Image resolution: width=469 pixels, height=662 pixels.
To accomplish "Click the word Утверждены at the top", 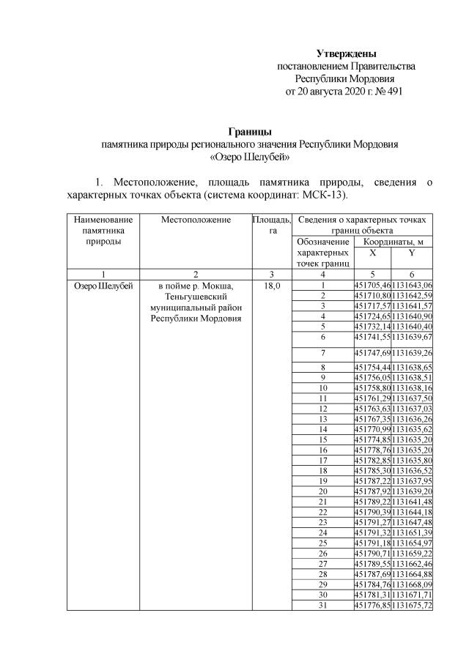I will click(346, 53).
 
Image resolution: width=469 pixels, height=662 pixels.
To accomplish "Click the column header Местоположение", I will click(196, 220).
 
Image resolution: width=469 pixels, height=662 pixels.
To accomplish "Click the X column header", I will click(372, 252).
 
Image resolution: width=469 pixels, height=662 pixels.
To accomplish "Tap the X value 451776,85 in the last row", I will click(372, 605).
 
